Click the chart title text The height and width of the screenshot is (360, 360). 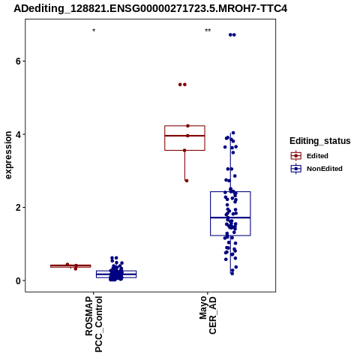point(150,8)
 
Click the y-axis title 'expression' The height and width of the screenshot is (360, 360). point(8,155)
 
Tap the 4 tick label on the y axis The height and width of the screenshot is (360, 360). point(18,134)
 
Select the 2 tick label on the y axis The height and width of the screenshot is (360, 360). point(18,208)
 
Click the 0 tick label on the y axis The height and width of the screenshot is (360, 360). point(18,280)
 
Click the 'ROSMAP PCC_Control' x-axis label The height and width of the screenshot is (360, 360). point(94,324)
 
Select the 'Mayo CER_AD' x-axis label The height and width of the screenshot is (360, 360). point(208,315)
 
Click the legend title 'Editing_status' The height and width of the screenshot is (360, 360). point(320,141)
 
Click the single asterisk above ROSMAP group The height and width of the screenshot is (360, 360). point(94,31)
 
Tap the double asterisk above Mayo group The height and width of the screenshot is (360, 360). point(208,31)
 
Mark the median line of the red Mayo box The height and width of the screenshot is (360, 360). point(184,136)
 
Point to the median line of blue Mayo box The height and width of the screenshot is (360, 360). point(230,217)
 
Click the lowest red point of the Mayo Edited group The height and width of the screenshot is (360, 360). point(187,181)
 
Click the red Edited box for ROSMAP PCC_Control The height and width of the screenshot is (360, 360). point(70,266)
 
